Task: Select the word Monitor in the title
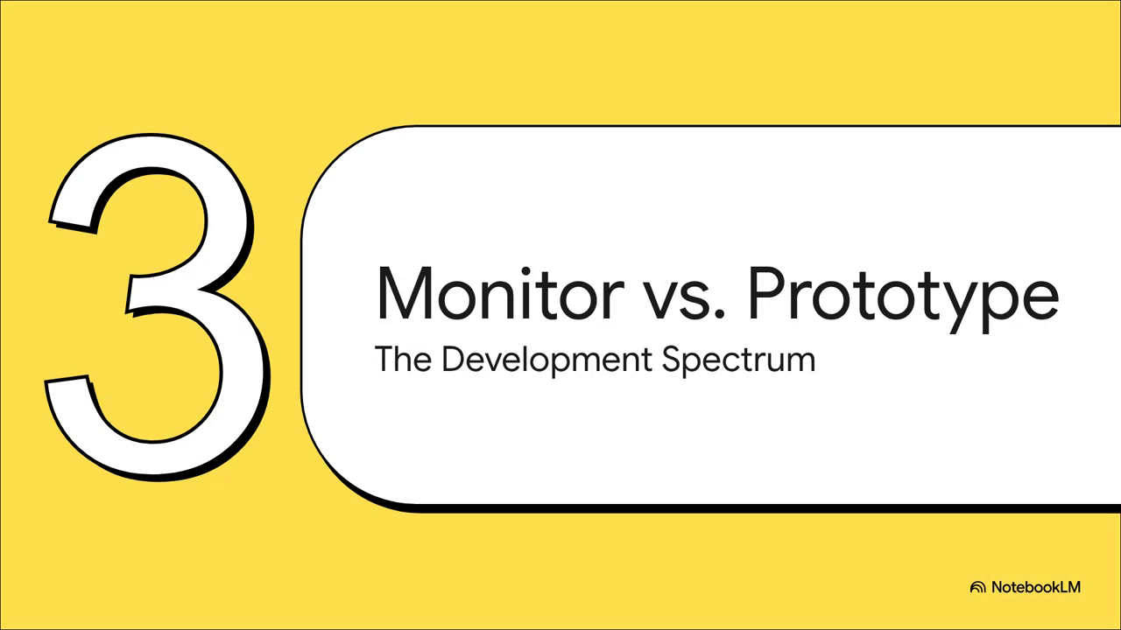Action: point(500,293)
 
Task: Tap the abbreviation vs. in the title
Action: point(683,299)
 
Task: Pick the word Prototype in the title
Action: point(903,299)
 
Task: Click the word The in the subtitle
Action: point(403,359)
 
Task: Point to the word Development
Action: point(547,360)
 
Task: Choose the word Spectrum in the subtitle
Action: point(738,360)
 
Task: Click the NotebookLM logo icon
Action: point(977,587)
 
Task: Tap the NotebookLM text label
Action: point(1036,587)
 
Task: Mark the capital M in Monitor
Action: point(404,293)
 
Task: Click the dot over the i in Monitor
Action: point(526,271)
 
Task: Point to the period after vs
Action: point(720,314)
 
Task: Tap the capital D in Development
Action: point(454,359)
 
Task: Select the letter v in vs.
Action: point(660,300)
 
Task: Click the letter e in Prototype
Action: point(1039,300)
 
